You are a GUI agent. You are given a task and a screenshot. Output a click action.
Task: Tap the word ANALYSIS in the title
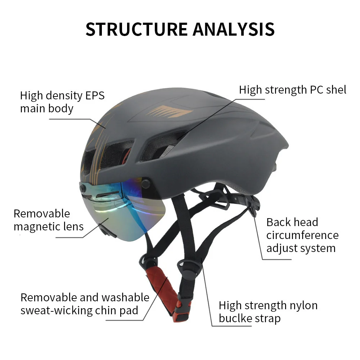234,29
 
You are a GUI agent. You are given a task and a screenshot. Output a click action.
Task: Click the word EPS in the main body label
95,95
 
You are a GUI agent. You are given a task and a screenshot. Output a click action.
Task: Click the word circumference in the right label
302,235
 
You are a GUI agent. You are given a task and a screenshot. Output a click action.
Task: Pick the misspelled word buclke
235,318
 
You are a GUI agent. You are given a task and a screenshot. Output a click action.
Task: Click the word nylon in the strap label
302,305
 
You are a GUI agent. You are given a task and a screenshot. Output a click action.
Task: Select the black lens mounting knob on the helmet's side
145,183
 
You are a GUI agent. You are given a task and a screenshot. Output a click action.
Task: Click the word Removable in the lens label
42,213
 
